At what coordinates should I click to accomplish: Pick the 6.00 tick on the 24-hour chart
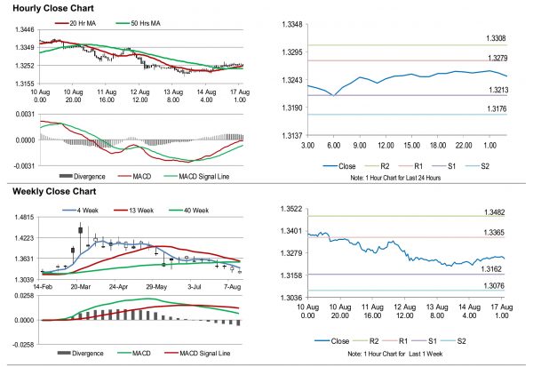coord(333,144)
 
